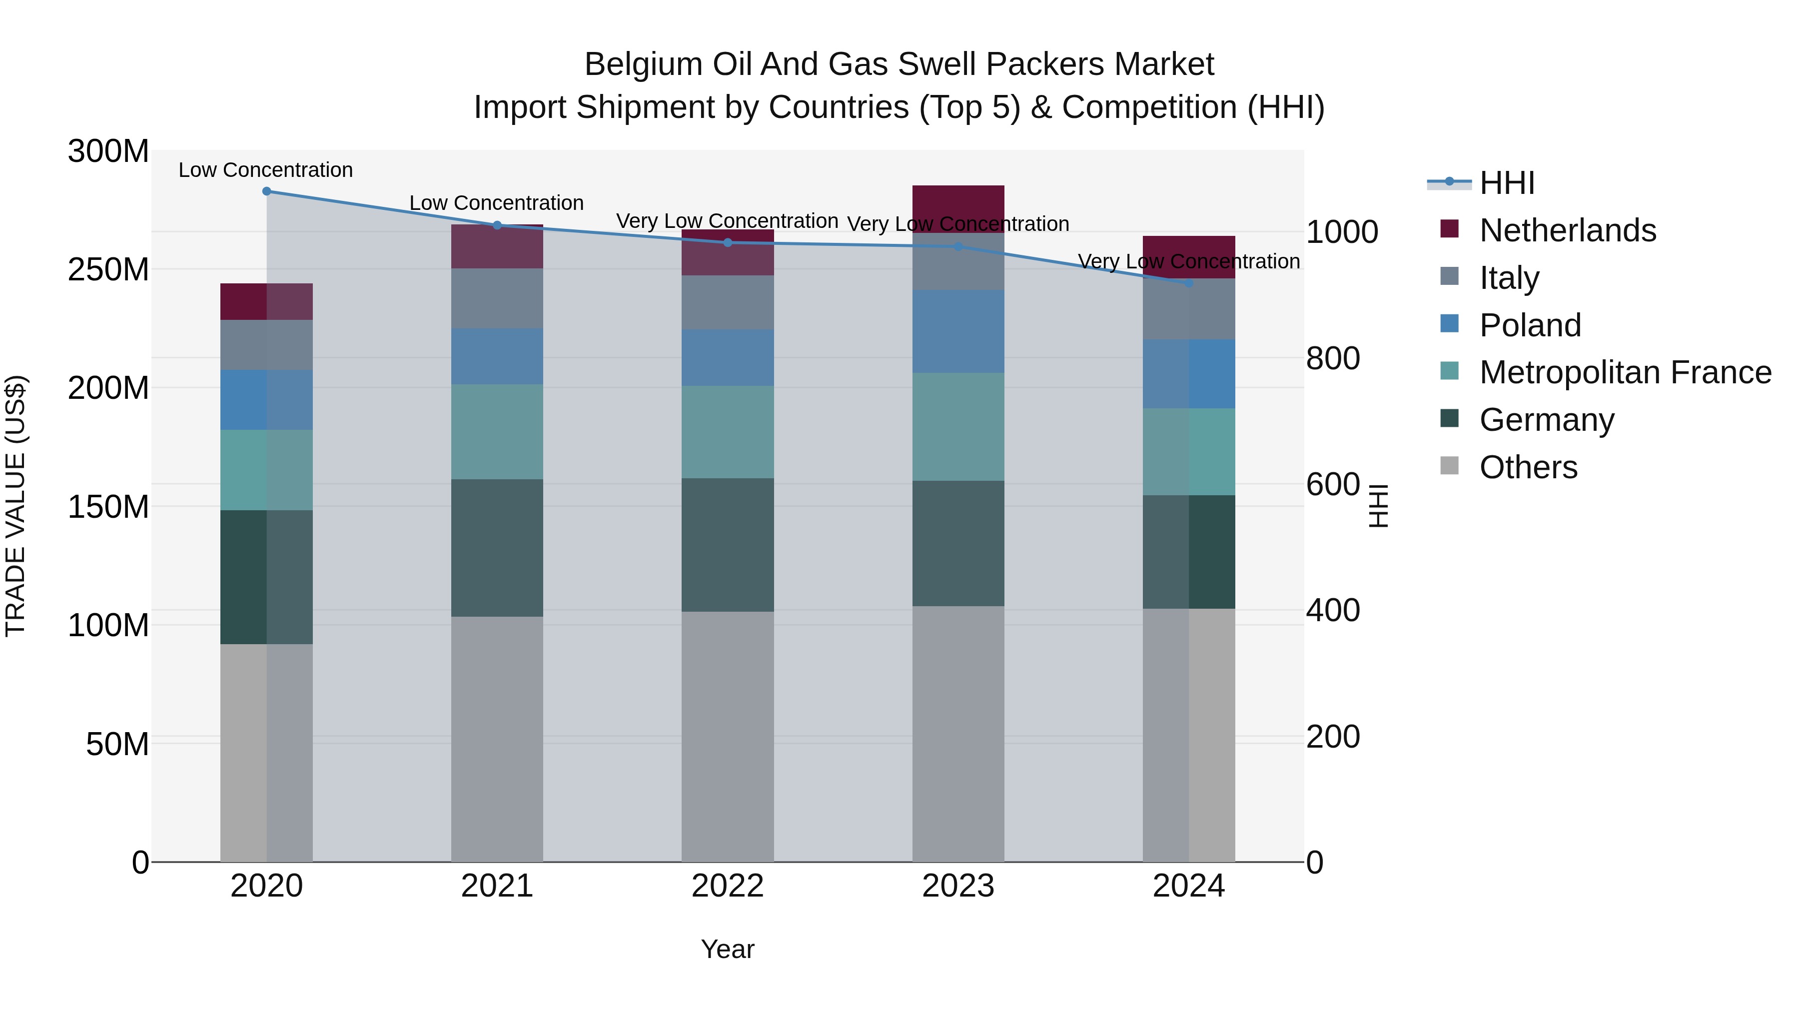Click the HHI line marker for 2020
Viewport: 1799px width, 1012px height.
point(266,191)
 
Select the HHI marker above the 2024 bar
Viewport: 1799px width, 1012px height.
point(1189,283)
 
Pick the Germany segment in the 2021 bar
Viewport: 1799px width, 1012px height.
point(497,548)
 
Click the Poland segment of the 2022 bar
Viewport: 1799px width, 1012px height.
point(727,358)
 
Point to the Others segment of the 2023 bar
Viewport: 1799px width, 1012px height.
point(958,733)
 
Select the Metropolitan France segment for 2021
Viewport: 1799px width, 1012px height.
point(497,432)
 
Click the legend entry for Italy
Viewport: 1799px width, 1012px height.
point(1509,277)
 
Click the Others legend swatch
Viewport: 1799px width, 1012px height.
point(1449,466)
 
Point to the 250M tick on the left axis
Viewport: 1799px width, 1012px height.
point(108,269)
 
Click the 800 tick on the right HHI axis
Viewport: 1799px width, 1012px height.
point(1332,358)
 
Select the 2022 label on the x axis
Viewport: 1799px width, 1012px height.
point(727,886)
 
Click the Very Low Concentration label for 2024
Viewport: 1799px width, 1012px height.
point(1189,261)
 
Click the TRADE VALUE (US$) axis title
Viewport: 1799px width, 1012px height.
point(15,506)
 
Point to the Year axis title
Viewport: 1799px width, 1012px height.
point(727,949)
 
